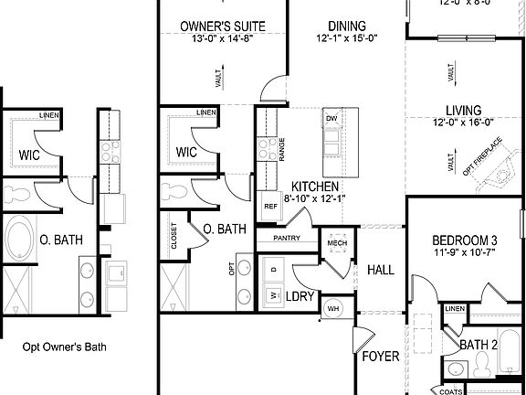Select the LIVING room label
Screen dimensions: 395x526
pyautogui.click(x=462, y=108)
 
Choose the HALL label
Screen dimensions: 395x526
pyautogui.click(x=380, y=270)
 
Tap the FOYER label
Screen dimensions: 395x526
pyautogui.click(x=380, y=356)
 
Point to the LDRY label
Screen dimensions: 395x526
pyautogui.click(x=302, y=296)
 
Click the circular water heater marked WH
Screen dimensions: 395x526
pyautogui.click(x=332, y=307)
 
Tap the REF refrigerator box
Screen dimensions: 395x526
pyautogui.click(x=270, y=206)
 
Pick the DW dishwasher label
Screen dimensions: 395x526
pyautogui.click(x=332, y=119)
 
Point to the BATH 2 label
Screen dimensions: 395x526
pyautogui.click(x=478, y=345)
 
